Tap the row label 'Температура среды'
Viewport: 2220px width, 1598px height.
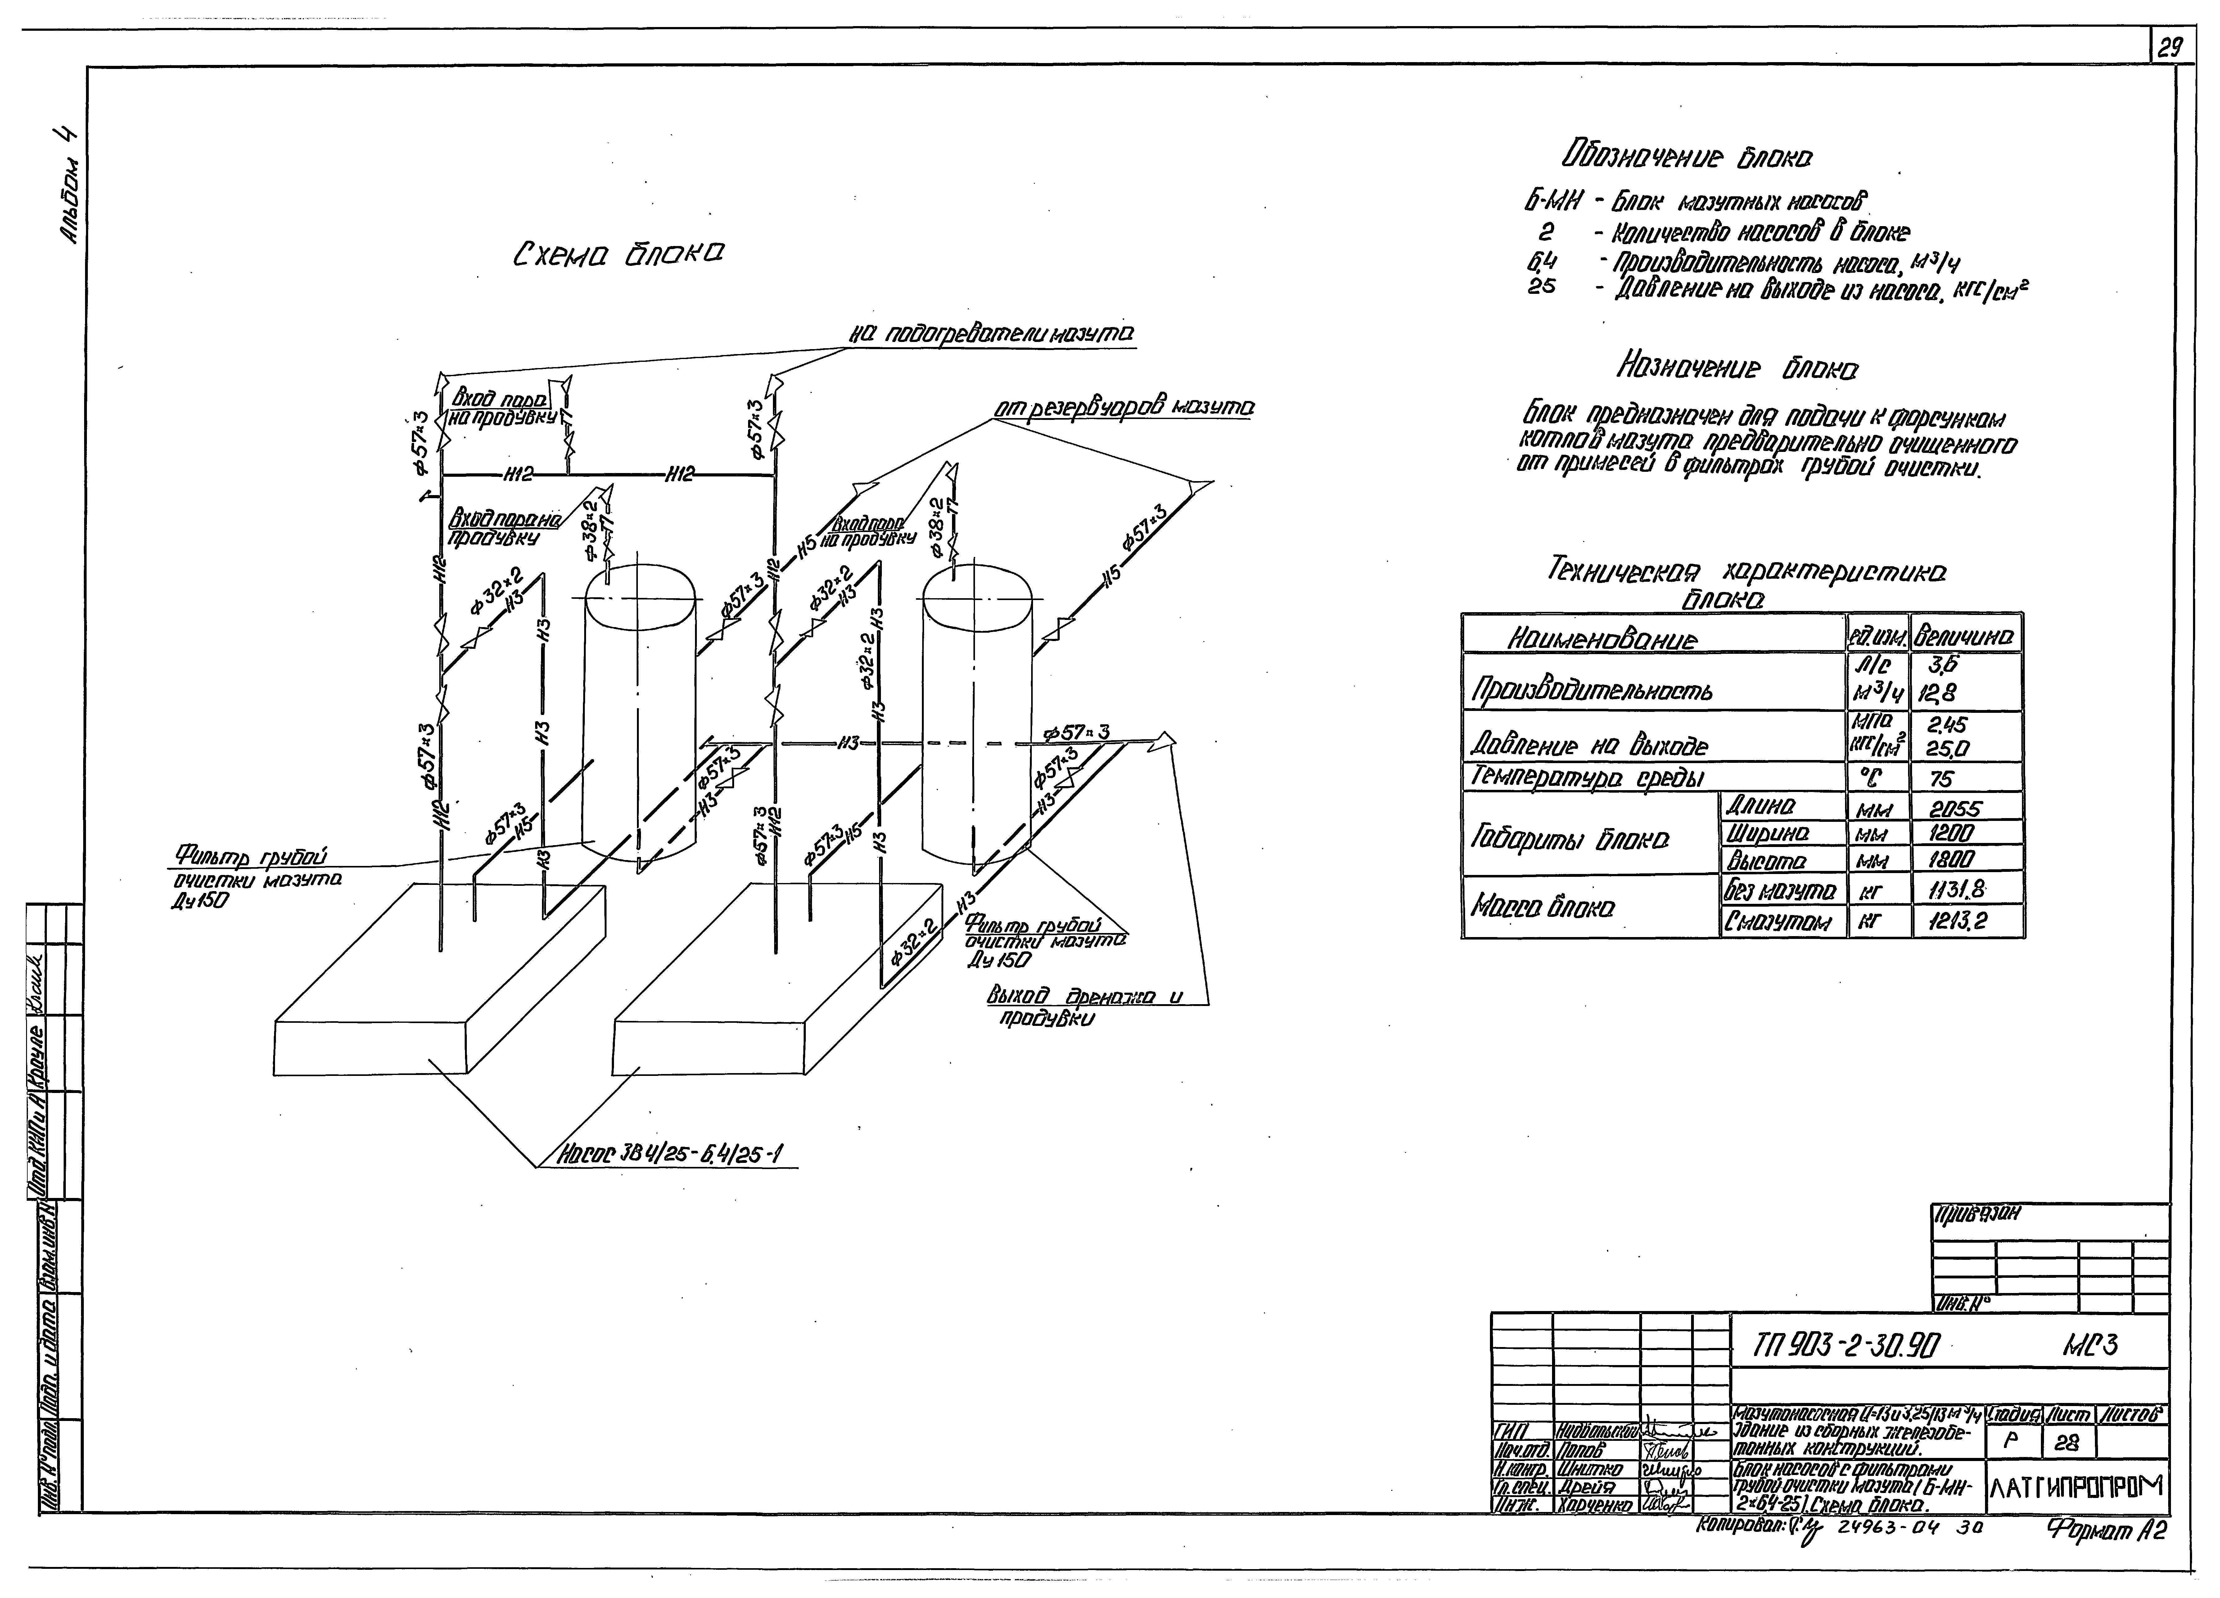[1586, 777]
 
